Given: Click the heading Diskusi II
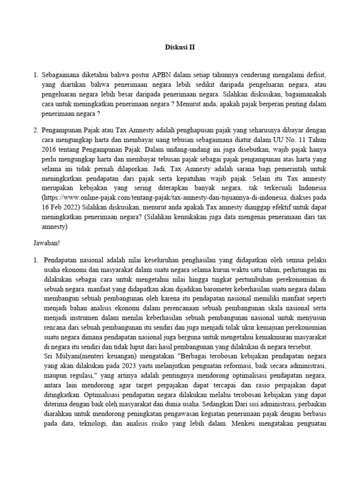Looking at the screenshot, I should [180, 47].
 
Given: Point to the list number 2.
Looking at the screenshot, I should [36, 129].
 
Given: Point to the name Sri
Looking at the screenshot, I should [49, 356].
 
